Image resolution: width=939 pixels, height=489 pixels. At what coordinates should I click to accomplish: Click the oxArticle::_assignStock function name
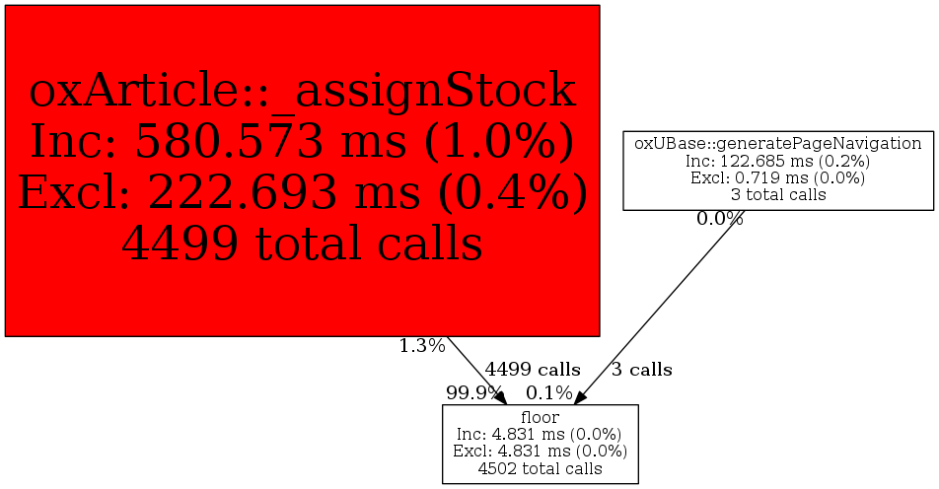tap(302, 91)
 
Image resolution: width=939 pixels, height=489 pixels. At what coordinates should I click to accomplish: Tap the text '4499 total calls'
tap(302, 243)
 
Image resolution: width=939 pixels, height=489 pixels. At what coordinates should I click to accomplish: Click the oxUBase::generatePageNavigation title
tap(778, 144)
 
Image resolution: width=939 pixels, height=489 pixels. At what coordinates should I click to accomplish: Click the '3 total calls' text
tap(778, 195)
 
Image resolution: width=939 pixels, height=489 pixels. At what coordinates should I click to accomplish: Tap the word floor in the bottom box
tap(541, 417)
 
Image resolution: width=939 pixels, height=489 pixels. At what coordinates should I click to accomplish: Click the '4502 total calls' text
tap(541, 468)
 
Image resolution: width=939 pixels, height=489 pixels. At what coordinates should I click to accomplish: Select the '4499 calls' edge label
tap(533, 370)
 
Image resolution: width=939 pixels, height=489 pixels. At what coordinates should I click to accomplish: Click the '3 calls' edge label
tap(641, 370)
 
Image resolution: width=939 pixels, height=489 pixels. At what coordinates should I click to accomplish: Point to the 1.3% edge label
tap(422, 345)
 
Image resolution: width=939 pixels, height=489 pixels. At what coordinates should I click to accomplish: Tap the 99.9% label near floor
tap(473, 392)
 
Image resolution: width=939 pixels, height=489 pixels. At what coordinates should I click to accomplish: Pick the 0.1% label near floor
tap(549, 392)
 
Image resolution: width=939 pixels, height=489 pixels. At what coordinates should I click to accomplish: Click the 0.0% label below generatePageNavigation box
tap(720, 219)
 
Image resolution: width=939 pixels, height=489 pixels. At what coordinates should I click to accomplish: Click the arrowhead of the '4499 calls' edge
tap(501, 397)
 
